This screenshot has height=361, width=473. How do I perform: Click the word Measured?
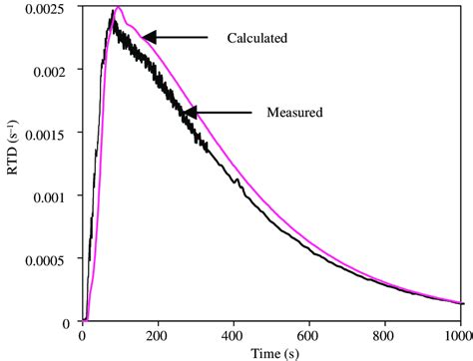click(294, 113)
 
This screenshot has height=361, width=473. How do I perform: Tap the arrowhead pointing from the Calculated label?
click(149, 38)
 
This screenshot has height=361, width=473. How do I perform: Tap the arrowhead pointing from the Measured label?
click(189, 112)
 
